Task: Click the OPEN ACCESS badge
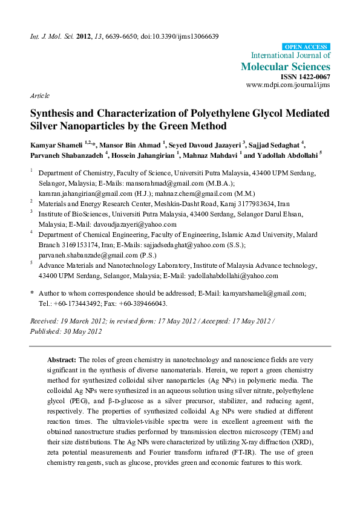[307, 47]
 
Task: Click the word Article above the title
[39, 96]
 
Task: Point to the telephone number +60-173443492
[76, 303]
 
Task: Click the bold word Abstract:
[62, 359]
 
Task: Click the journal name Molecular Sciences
[286, 66]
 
